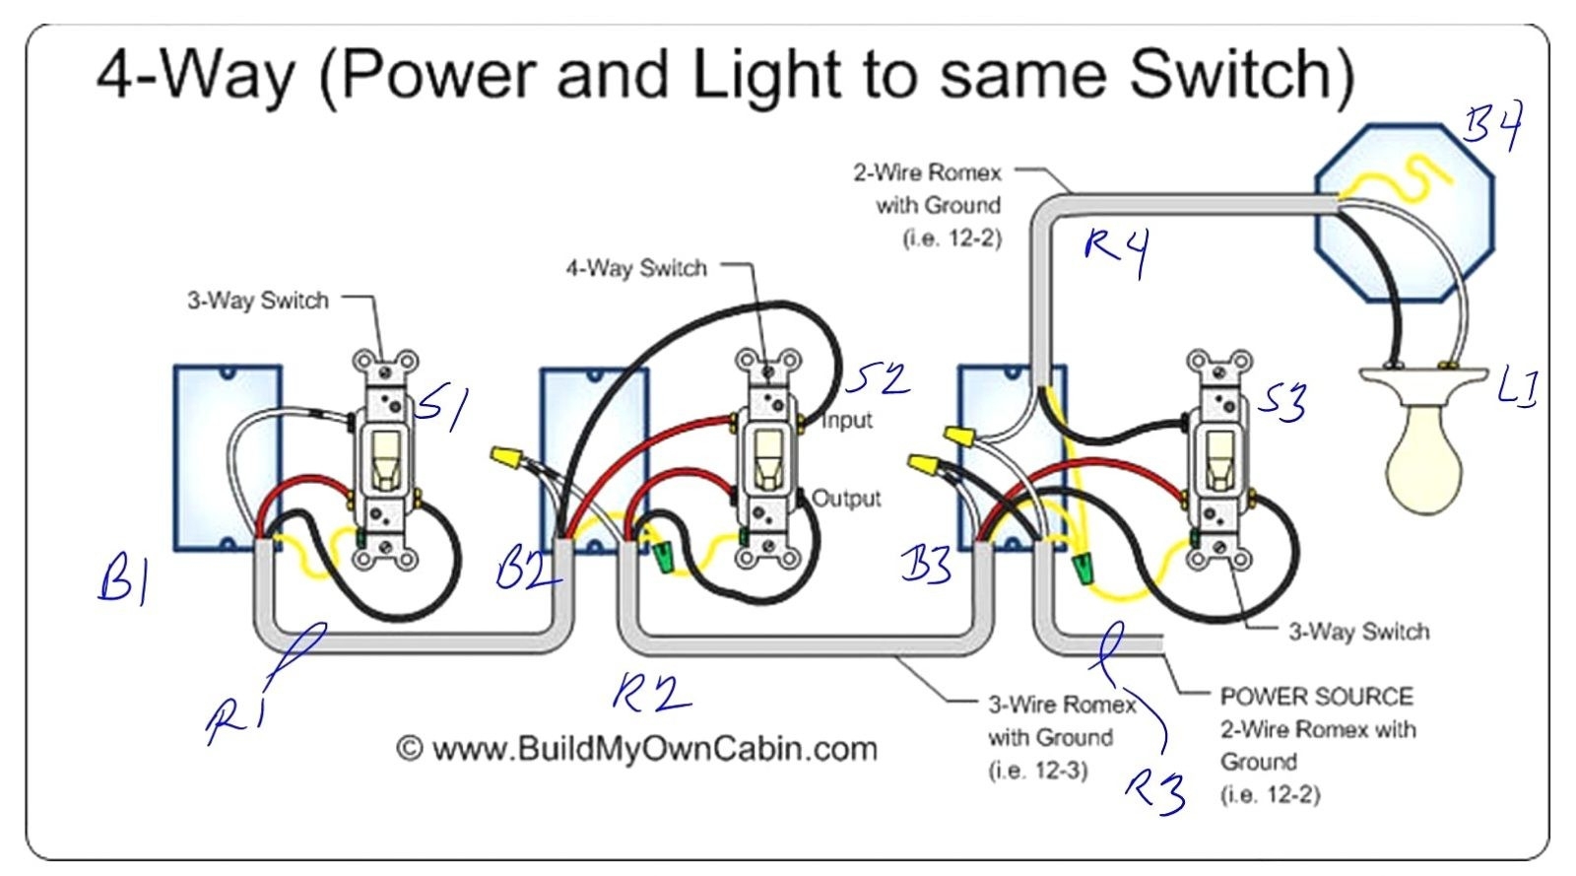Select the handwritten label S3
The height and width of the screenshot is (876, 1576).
click(1282, 401)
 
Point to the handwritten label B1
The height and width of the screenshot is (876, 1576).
click(123, 578)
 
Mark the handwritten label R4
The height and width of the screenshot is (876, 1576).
click(1116, 250)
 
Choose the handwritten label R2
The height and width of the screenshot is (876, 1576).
click(650, 693)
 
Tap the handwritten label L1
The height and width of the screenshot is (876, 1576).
click(1517, 387)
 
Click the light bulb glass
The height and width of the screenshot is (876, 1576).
click(1422, 457)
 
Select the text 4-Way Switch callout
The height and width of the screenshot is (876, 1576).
click(635, 268)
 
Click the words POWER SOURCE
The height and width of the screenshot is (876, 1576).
click(1316, 697)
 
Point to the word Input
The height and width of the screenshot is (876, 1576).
click(847, 421)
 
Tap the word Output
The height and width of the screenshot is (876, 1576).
click(846, 499)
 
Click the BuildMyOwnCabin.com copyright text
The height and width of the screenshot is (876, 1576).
click(636, 749)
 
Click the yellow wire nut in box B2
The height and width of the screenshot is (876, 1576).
click(505, 457)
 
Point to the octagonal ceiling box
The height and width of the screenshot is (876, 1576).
click(1404, 212)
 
